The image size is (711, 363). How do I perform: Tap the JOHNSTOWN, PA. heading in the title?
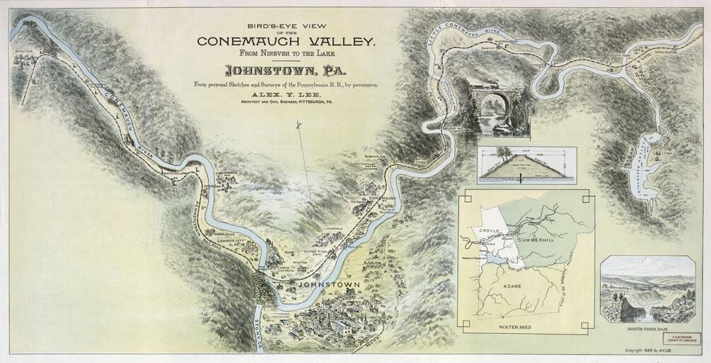coord(280,71)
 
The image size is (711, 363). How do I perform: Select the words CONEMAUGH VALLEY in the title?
coord(286,41)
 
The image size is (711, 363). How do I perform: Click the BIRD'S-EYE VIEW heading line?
coord(286,21)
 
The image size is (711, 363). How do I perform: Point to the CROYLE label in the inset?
coord(490,231)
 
